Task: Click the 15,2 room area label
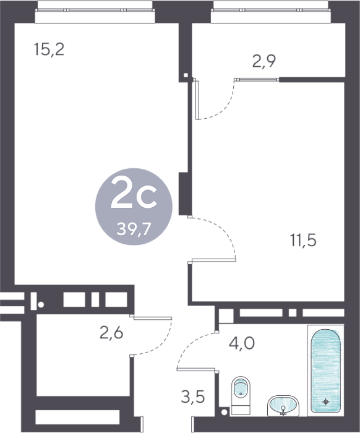click(x=49, y=49)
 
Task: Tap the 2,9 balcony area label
click(x=264, y=61)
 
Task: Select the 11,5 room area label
click(x=303, y=240)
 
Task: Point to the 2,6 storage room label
click(x=111, y=333)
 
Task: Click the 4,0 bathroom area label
click(x=242, y=343)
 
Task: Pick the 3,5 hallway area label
click(x=193, y=397)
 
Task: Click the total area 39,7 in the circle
click(x=134, y=229)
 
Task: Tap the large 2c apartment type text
click(x=134, y=192)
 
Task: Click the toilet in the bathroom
click(x=241, y=395)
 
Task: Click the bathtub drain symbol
click(x=326, y=401)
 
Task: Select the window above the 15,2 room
click(x=95, y=10)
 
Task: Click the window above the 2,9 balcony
click(x=271, y=10)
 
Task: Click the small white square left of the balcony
click(x=186, y=75)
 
